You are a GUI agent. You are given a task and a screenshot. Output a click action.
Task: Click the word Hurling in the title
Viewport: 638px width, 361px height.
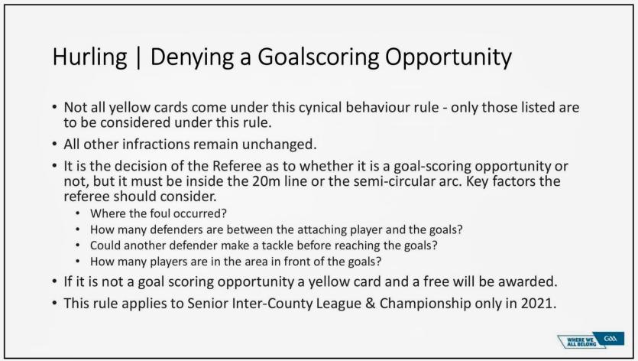89,57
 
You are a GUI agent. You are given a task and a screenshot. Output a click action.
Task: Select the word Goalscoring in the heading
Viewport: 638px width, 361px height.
318,57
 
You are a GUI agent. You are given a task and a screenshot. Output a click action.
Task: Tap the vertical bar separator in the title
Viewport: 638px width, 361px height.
138,58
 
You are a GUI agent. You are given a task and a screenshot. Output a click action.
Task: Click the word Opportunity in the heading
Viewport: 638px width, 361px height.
449,57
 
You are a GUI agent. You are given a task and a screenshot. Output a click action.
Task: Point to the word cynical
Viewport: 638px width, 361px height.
320,108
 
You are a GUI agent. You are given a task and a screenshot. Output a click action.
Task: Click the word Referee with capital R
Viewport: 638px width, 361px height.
237,166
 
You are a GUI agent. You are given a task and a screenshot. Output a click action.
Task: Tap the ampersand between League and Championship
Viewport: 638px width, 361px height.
371,304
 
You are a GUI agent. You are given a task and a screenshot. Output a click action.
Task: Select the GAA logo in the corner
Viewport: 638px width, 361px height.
610,339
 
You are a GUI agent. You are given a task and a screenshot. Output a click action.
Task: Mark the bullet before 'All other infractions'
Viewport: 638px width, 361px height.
54,145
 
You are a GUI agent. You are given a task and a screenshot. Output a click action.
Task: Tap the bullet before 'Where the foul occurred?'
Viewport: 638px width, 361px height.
78,213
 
